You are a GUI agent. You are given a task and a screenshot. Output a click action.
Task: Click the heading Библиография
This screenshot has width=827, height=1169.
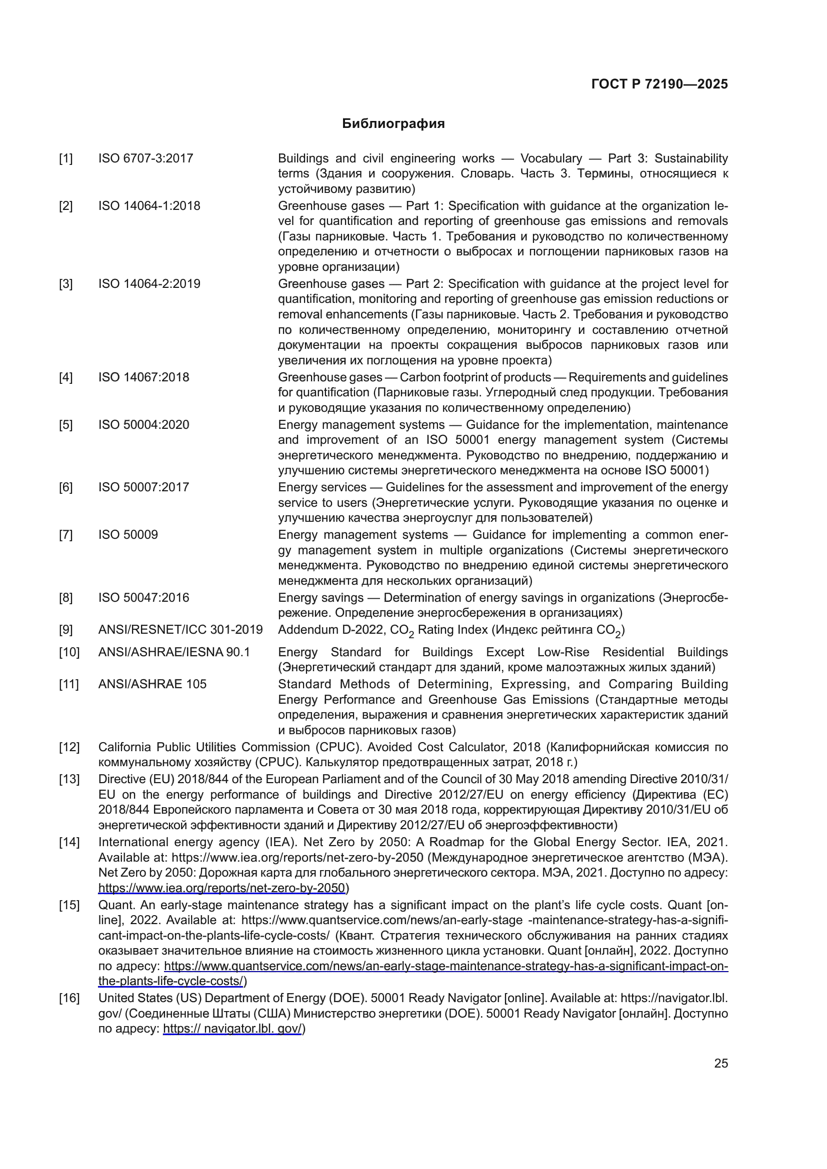[393, 124]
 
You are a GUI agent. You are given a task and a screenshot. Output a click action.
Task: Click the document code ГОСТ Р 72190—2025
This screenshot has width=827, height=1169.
[659, 84]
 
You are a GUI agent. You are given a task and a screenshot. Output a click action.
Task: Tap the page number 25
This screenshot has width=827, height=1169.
[720, 1063]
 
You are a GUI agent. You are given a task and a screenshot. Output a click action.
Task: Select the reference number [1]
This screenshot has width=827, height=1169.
[65, 159]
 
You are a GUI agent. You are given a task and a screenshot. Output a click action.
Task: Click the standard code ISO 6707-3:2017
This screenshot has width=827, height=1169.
[145, 158]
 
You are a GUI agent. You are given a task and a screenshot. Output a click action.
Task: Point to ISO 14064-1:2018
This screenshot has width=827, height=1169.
[149, 206]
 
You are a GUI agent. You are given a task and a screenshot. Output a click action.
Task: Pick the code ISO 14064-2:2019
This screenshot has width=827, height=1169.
[149, 283]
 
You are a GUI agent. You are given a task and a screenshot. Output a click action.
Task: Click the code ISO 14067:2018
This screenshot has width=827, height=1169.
[143, 377]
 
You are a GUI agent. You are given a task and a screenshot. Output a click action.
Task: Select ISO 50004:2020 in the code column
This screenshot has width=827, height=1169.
[143, 425]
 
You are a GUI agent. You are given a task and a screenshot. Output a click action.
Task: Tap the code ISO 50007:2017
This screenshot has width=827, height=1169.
[143, 487]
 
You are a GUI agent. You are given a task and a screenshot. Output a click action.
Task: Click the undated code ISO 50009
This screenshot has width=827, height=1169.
[128, 535]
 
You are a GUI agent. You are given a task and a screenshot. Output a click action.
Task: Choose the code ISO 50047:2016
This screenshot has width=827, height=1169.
[143, 597]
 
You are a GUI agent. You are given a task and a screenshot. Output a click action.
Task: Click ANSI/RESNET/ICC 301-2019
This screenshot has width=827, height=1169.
[180, 630]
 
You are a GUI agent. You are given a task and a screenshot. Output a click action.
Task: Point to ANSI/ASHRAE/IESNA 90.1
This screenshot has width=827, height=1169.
[173, 652]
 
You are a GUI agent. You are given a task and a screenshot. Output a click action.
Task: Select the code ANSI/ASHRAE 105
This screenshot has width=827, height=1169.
[152, 684]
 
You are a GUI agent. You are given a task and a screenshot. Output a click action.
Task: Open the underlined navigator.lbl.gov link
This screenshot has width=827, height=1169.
[232, 1029]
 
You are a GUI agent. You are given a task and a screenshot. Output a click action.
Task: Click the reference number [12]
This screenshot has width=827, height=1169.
[69, 747]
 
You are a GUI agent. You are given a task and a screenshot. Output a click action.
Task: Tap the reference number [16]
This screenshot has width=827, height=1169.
[69, 998]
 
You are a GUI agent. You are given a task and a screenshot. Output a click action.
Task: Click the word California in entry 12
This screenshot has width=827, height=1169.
[123, 747]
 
